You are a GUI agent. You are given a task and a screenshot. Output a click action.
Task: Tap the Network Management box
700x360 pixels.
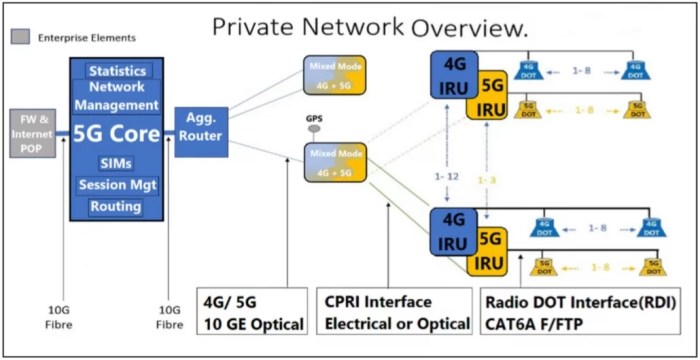118,96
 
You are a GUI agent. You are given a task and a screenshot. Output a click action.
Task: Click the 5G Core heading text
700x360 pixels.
117,134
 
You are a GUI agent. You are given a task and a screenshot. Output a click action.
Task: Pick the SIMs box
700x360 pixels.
117,162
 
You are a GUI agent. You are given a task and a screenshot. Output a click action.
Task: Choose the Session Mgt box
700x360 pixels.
118,184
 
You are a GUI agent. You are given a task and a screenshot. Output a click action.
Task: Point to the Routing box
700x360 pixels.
116,206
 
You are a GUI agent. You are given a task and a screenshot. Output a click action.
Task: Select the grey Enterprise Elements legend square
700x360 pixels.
19,38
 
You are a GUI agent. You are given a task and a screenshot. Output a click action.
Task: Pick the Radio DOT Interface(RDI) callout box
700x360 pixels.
579,312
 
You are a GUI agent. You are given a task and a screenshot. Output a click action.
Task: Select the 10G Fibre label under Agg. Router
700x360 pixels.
170,316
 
